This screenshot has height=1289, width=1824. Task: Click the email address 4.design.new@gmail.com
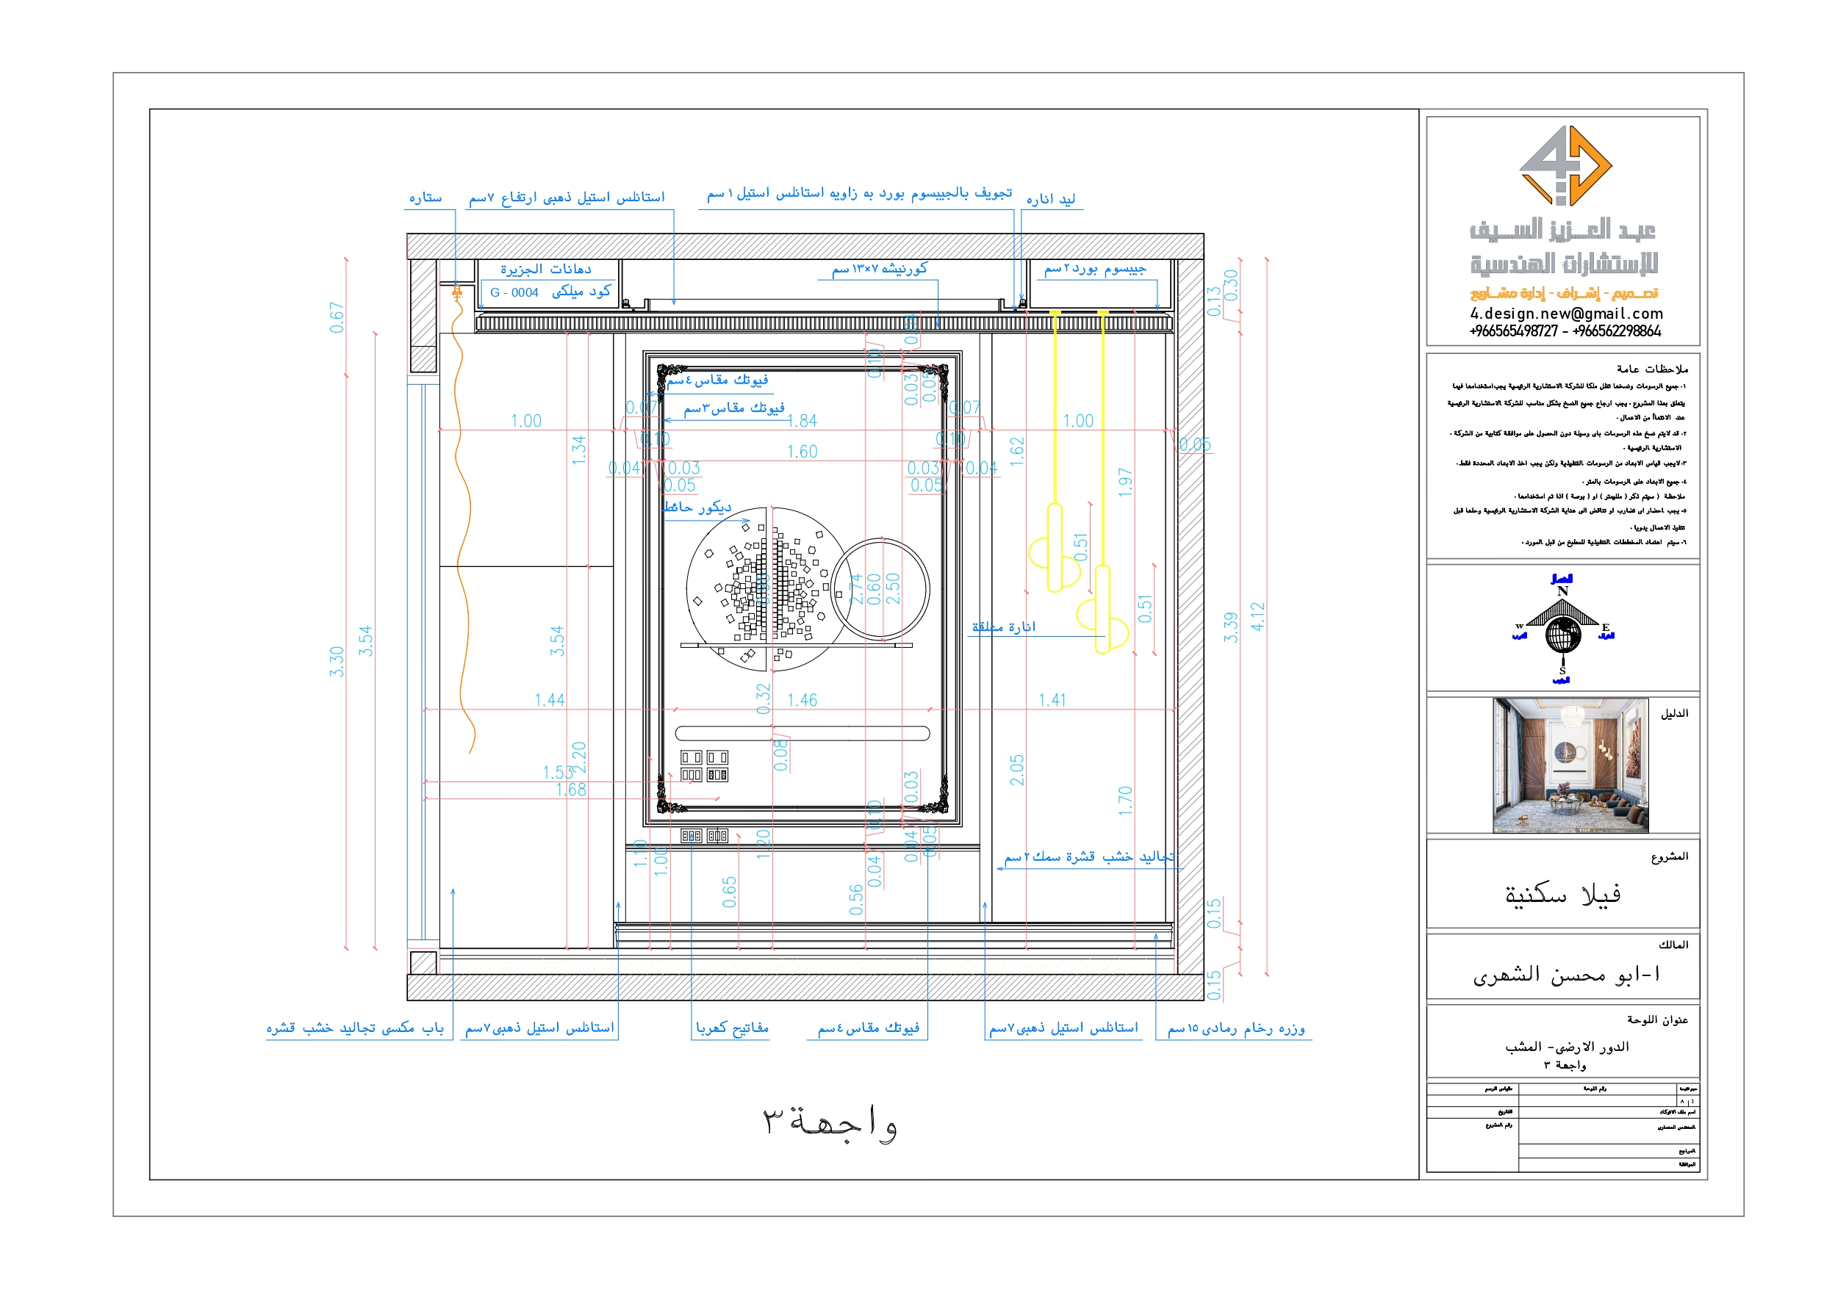click(1566, 314)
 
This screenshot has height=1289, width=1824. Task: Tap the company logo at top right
click(1565, 166)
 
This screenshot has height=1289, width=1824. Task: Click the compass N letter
click(1562, 591)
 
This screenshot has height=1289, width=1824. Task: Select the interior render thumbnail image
click(1570, 765)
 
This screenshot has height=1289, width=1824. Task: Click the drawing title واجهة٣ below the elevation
click(830, 1122)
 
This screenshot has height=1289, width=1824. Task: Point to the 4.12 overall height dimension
click(1257, 616)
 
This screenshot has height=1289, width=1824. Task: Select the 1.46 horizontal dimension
click(802, 700)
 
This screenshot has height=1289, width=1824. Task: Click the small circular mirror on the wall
click(880, 588)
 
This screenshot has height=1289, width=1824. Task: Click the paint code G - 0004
click(514, 292)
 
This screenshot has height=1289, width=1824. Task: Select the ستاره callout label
click(425, 197)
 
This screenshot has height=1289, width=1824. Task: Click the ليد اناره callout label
click(1050, 198)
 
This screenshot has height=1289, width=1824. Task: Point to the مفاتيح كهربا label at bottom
click(732, 1028)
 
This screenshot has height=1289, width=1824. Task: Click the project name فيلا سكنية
click(1562, 895)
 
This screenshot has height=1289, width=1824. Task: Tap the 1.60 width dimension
click(802, 451)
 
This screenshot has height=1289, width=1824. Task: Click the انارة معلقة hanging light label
click(1003, 627)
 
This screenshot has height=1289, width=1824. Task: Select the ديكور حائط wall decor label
click(697, 507)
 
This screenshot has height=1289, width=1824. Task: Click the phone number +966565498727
click(1513, 331)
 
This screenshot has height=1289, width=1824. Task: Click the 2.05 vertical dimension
click(1017, 770)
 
